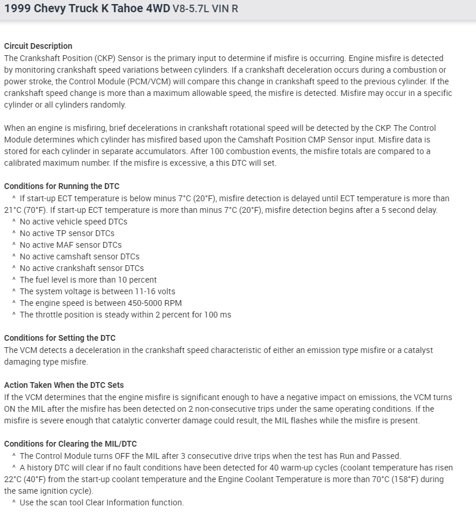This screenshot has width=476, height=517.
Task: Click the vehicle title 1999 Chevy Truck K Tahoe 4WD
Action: click(87, 9)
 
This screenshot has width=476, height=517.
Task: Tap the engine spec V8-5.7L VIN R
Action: click(206, 9)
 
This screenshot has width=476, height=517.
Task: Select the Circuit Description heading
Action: click(38, 46)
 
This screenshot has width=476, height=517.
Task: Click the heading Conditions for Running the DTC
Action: click(62, 186)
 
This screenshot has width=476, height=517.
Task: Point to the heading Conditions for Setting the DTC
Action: click(60, 338)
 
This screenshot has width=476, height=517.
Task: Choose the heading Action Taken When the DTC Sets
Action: click(64, 385)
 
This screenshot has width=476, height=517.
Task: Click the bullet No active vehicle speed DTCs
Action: click(73, 222)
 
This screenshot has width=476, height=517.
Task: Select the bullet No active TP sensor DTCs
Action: click(67, 233)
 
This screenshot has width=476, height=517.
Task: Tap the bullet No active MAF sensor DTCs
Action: click(70, 245)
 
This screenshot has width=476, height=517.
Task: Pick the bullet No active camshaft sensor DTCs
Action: click(79, 256)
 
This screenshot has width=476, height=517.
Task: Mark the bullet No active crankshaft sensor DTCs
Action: click(82, 268)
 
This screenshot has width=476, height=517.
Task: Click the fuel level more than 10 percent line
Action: click(88, 280)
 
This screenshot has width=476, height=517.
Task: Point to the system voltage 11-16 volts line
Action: click(97, 291)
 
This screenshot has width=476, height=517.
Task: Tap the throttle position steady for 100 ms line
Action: click(125, 315)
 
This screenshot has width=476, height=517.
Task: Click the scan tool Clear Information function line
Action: click(101, 502)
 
